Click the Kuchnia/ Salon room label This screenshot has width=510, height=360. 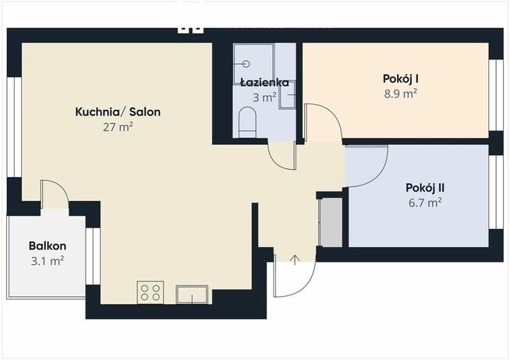[118, 112]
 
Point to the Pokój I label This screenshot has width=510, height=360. [401, 78]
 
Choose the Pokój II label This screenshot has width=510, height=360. [425, 188]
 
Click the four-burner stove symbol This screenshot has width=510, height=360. [150, 293]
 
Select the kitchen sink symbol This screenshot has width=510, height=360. [192, 294]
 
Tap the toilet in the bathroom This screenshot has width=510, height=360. [247, 122]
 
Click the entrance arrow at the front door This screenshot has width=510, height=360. [296, 259]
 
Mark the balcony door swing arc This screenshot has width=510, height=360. [53, 192]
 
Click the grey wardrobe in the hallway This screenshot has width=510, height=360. [331, 223]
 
